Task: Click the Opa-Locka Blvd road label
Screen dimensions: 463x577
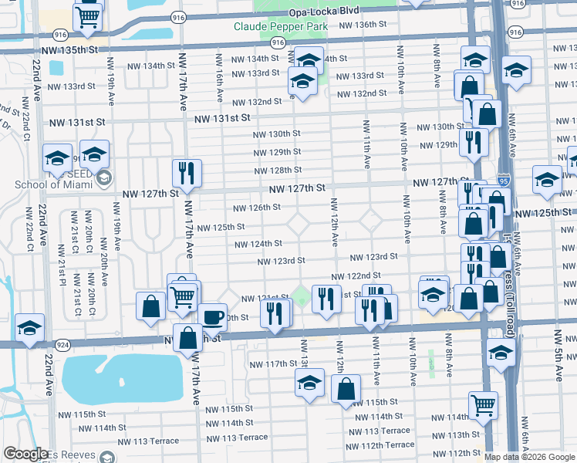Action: coord(325,12)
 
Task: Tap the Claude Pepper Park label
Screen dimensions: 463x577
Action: coord(281,26)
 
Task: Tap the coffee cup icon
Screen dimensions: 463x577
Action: coord(212,316)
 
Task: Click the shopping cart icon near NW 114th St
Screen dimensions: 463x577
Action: coord(483,404)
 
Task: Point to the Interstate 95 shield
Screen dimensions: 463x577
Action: coord(503,178)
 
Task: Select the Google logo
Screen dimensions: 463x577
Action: coord(25,454)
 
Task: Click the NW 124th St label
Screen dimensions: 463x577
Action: coord(258,244)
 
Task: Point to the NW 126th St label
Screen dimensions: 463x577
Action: coord(257,208)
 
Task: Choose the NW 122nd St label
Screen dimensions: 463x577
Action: coord(356,275)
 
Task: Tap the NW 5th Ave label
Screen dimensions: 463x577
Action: coord(558,355)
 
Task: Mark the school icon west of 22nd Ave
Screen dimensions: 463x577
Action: coord(29,330)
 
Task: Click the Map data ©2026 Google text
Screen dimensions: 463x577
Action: coord(529,457)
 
